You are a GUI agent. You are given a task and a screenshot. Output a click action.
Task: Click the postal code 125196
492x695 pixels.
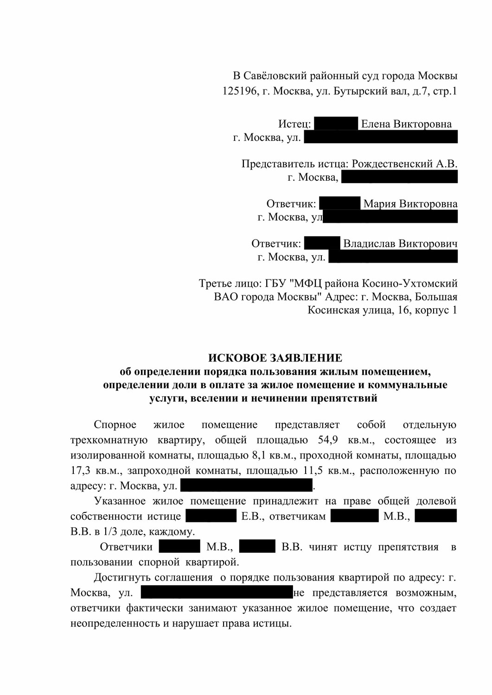coord(240,91)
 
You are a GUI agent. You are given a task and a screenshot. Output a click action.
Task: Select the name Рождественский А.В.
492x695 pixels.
coord(405,164)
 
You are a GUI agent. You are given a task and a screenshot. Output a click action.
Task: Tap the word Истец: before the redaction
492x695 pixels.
coord(294,124)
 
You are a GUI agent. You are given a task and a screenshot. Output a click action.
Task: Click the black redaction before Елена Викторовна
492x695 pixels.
coord(336,124)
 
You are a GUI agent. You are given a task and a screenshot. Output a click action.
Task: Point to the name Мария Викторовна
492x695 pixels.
coord(410,204)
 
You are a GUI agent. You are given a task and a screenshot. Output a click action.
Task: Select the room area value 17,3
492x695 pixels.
coord(80,471)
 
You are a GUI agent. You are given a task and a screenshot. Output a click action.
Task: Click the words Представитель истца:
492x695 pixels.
coord(295,164)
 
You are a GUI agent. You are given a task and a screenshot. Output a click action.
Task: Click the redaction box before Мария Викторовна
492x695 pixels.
coord(340,204)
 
